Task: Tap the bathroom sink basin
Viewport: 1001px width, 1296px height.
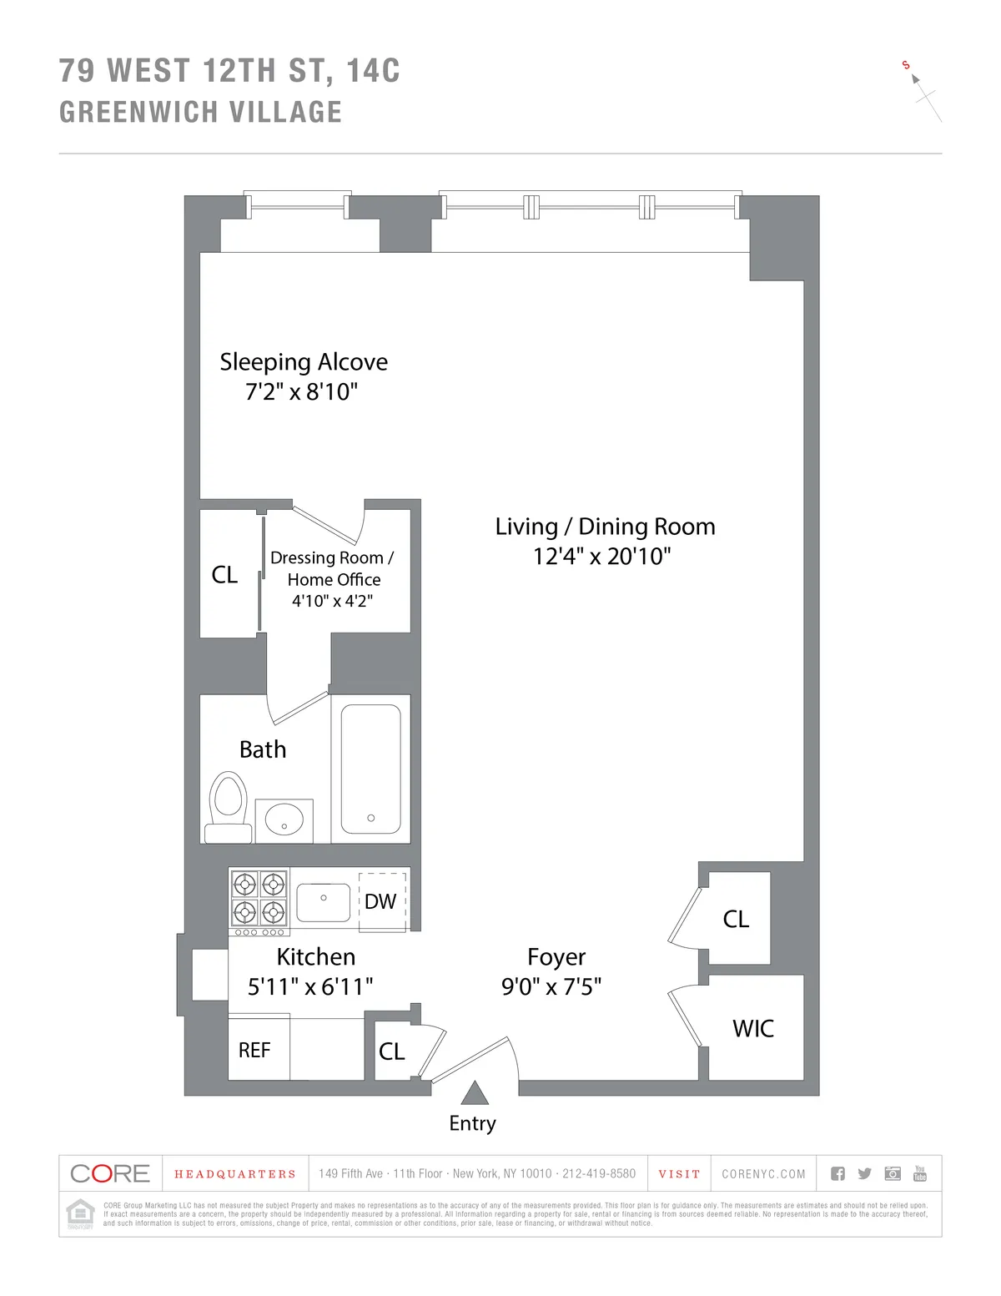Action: point(284,819)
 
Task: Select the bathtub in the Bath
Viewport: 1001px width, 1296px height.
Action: point(370,769)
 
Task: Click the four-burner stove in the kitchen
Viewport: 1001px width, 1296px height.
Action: point(259,898)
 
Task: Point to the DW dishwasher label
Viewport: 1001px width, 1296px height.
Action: point(380,901)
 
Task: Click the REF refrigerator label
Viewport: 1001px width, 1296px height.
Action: point(254,1051)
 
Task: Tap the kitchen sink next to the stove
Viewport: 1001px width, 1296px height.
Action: point(323,902)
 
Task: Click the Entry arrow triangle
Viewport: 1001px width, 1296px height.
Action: point(474,1092)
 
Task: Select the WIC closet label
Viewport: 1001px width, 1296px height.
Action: point(753,1028)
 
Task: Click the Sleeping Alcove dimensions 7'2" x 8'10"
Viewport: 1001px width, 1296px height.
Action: point(301,391)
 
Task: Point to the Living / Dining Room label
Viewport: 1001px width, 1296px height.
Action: point(605,527)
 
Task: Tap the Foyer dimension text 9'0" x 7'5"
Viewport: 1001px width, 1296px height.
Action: point(551,986)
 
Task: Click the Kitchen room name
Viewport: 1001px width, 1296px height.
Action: point(315,956)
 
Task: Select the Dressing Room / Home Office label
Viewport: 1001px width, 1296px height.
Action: point(333,568)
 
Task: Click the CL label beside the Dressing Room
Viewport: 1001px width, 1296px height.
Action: point(224,574)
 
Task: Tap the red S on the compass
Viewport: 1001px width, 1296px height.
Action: point(906,65)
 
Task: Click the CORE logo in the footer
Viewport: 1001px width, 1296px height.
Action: point(110,1173)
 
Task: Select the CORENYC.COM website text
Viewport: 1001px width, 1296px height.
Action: point(763,1174)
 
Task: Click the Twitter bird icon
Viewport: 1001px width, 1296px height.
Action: point(864,1173)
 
